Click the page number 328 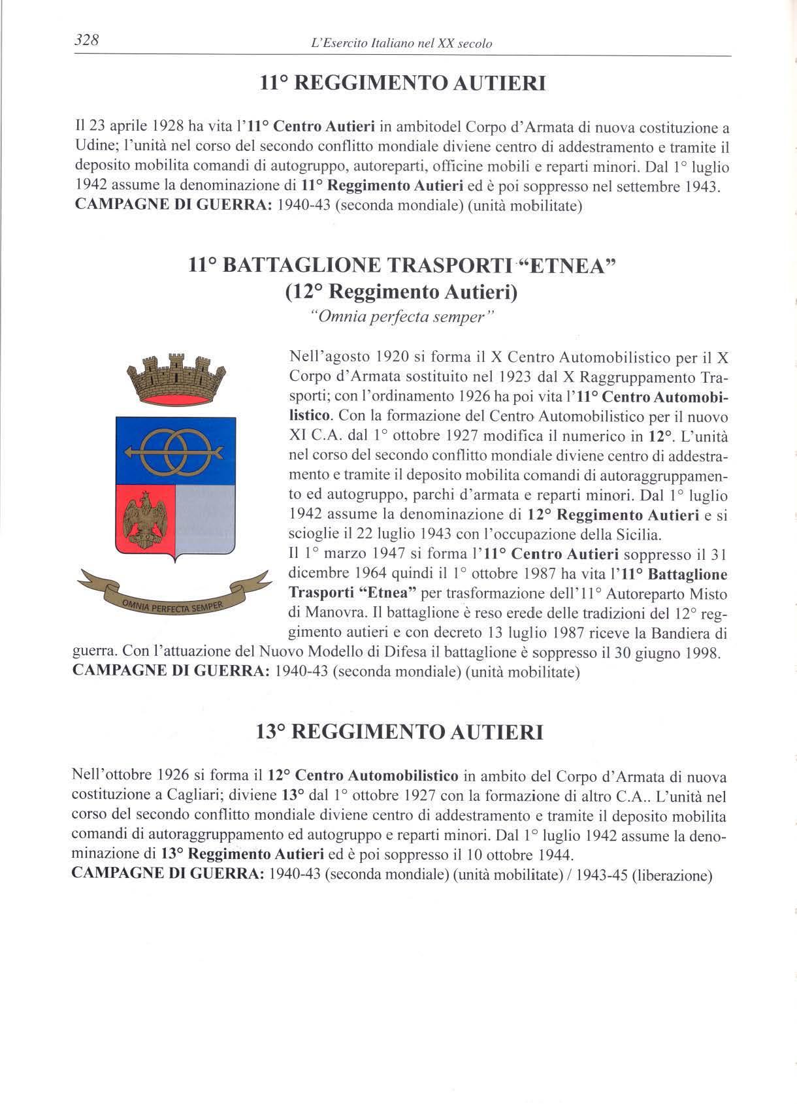point(86,41)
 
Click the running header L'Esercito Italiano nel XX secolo point(402,44)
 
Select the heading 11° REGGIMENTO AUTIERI point(402,84)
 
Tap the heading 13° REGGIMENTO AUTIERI point(400,732)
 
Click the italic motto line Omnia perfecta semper point(401,317)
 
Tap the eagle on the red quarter point(145,519)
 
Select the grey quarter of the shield point(205,519)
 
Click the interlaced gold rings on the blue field point(174,451)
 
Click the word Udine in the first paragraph point(93,146)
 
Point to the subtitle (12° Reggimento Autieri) point(401,292)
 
